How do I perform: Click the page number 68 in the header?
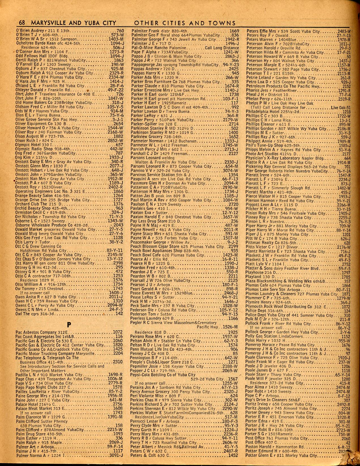pyautogui.click(x=22, y=23)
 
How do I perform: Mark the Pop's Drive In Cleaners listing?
pyautogui.click(x=266, y=400)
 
